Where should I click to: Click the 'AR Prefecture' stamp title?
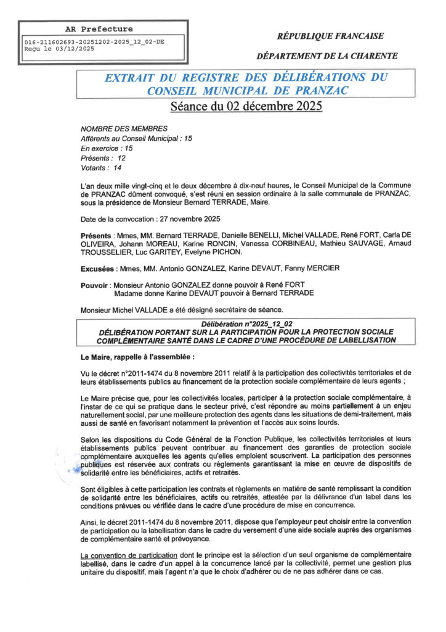point(99,29)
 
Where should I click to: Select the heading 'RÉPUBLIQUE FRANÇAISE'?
point(330,36)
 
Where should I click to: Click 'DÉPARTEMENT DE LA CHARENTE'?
point(327,56)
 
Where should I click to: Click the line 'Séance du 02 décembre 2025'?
point(246,106)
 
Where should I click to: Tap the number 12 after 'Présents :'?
point(121,158)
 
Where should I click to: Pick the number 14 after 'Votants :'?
point(118,168)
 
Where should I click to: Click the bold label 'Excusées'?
point(99,268)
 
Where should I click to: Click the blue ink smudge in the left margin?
point(77,470)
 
